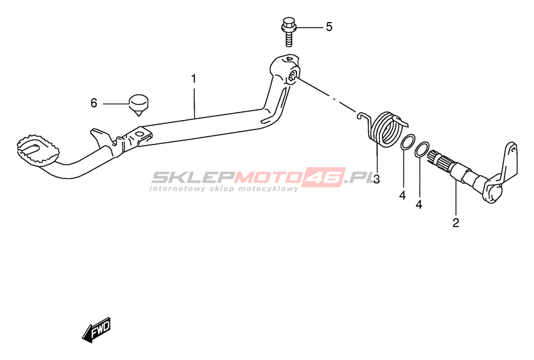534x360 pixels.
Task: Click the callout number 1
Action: coord(193,79)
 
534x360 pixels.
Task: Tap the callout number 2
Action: coord(455,223)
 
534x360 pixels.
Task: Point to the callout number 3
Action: coord(376,179)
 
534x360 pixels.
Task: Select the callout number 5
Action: coord(329,26)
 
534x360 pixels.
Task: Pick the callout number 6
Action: coord(94,103)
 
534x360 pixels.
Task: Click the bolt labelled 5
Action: coord(289,32)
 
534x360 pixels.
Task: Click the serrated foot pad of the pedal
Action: coord(38,151)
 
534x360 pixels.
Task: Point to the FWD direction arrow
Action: coord(97,330)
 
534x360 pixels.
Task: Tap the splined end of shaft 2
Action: coord(439,160)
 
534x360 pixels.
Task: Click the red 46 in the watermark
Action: coord(324,177)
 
